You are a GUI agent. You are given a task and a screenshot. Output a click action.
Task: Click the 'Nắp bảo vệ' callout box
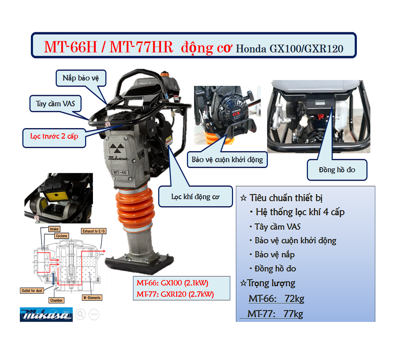click(x=81, y=78)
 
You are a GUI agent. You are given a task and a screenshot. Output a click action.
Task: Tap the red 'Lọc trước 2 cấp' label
click(x=54, y=137)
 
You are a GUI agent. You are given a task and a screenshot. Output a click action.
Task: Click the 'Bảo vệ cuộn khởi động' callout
click(x=227, y=159)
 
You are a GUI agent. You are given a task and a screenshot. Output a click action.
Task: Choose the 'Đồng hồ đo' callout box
click(x=337, y=170)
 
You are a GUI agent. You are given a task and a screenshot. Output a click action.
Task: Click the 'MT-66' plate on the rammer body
click(x=120, y=172)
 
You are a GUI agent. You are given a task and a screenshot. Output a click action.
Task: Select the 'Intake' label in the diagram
click(x=54, y=229)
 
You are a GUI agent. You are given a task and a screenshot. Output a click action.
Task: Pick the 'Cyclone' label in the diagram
click(x=61, y=236)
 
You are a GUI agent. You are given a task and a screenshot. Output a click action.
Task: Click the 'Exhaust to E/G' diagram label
click(x=94, y=231)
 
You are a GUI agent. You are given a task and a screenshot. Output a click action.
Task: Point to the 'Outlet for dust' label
click(x=32, y=291)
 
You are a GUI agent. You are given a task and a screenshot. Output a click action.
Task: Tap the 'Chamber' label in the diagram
click(x=56, y=300)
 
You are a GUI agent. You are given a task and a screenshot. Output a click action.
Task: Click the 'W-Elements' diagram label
click(x=92, y=298)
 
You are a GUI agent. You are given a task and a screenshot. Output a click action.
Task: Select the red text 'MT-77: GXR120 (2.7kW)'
click(x=175, y=294)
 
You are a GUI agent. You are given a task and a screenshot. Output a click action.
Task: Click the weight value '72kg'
click(x=294, y=299)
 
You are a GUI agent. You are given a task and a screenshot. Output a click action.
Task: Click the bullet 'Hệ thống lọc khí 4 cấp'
click(x=300, y=212)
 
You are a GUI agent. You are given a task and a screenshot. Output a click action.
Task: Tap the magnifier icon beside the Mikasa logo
click(x=81, y=314)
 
